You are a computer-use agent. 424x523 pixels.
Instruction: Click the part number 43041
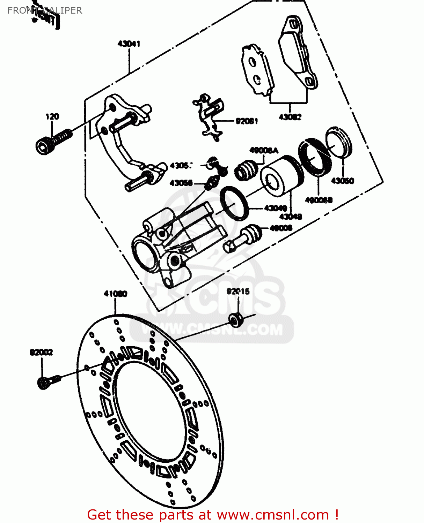129,44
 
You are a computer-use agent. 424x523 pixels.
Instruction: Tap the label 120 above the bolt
52,117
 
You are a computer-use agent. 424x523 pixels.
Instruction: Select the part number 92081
247,121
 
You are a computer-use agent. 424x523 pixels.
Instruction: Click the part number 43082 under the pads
290,117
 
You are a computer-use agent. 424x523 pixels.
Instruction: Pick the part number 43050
342,181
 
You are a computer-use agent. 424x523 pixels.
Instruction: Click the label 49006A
264,151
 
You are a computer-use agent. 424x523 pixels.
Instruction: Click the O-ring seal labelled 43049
234,203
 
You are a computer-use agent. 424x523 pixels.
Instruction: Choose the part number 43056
181,183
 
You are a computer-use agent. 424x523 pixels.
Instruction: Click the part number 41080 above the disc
115,294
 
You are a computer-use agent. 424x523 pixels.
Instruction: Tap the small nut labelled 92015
235,320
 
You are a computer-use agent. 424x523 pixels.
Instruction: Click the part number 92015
238,291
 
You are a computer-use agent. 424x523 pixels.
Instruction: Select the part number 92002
41,353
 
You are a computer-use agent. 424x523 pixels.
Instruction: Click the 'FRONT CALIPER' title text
45,10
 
